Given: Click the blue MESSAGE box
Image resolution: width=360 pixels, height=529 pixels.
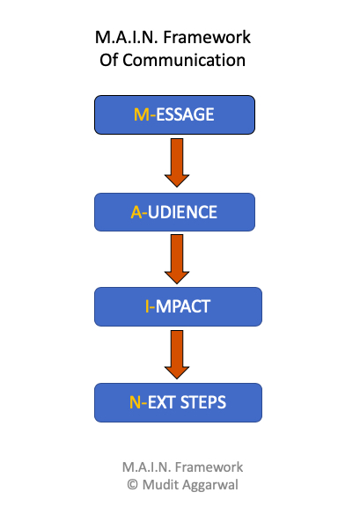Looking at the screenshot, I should [174, 114].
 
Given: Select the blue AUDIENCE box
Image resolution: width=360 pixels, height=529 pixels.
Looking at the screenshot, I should [174, 211].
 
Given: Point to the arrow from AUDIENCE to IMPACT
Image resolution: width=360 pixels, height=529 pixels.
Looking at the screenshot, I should [177, 258].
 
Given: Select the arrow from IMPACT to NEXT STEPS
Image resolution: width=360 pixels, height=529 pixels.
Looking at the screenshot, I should [177, 354].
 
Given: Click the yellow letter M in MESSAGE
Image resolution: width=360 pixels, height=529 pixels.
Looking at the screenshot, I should [139, 114].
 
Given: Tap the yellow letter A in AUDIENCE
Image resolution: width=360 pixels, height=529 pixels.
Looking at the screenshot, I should [136, 212].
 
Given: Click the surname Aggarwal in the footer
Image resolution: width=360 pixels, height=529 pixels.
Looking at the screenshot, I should [211, 484].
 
